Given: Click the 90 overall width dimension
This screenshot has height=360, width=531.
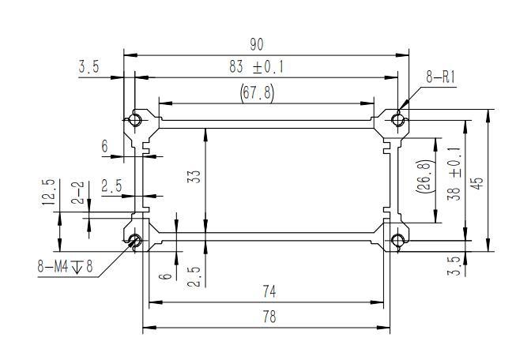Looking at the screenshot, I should pyautogui.click(x=256, y=44).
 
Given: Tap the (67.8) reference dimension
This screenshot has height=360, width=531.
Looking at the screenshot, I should pyautogui.click(x=256, y=93).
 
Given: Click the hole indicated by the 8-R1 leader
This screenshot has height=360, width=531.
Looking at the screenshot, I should pyautogui.click(x=399, y=120).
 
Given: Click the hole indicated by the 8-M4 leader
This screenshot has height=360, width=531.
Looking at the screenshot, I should pyautogui.click(x=135, y=241).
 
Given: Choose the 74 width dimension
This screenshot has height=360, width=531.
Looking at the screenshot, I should pyautogui.click(x=269, y=292).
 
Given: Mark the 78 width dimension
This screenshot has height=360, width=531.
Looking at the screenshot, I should pyautogui.click(x=269, y=317).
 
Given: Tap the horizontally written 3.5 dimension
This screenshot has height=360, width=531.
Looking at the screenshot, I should pyautogui.click(x=89, y=68).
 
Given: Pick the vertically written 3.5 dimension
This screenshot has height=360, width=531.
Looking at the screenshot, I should pyautogui.click(x=454, y=264).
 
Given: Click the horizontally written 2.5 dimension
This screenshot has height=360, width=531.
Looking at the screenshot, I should pyautogui.click(x=112, y=186).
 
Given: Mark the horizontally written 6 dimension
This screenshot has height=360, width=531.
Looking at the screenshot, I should pyautogui.click(x=104, y=146).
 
